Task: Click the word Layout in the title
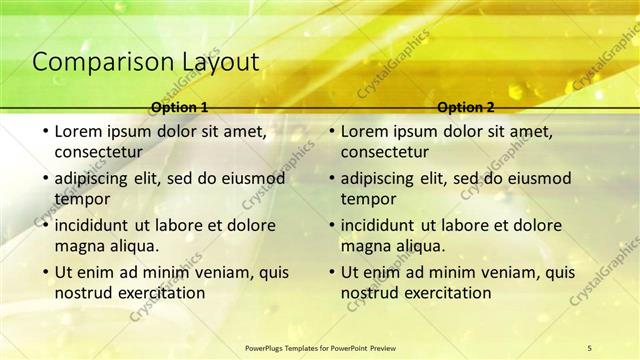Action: click(219, 62)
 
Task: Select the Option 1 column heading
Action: click(180, 107)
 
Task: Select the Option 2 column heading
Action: click(466, 107)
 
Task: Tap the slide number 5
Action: click(590, 347)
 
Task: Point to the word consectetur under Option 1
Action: click(98, 152)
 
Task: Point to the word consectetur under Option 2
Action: click(384, 152)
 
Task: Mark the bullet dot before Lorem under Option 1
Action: click(44, 131)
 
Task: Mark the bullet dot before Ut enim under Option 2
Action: click(330, 272)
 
